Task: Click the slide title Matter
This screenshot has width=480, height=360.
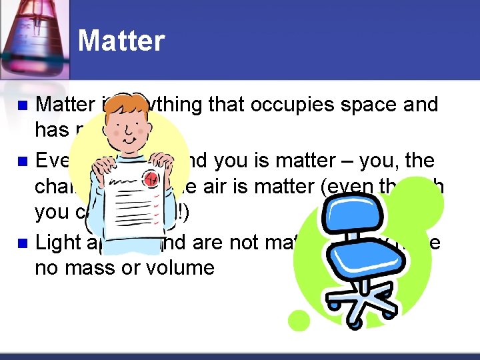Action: (x=121, y=41)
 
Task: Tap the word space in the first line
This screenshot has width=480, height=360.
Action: (x=357, y=105)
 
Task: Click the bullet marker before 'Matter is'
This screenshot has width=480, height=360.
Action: (x=22, y=105)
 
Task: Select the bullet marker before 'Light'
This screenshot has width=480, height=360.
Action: (x=22, y=242)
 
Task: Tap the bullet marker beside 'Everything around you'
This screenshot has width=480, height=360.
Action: (x=22, y=161)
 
